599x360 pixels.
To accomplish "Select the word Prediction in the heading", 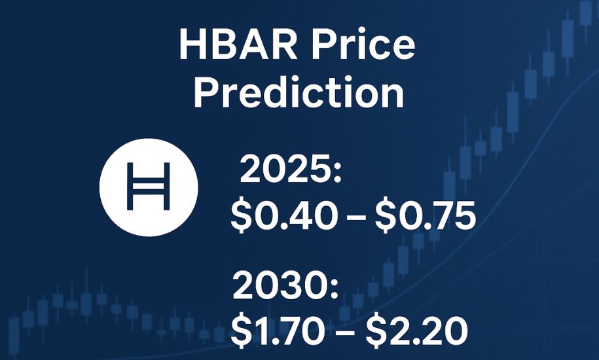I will click(299, 93).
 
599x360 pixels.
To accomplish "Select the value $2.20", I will click(416, 331).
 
